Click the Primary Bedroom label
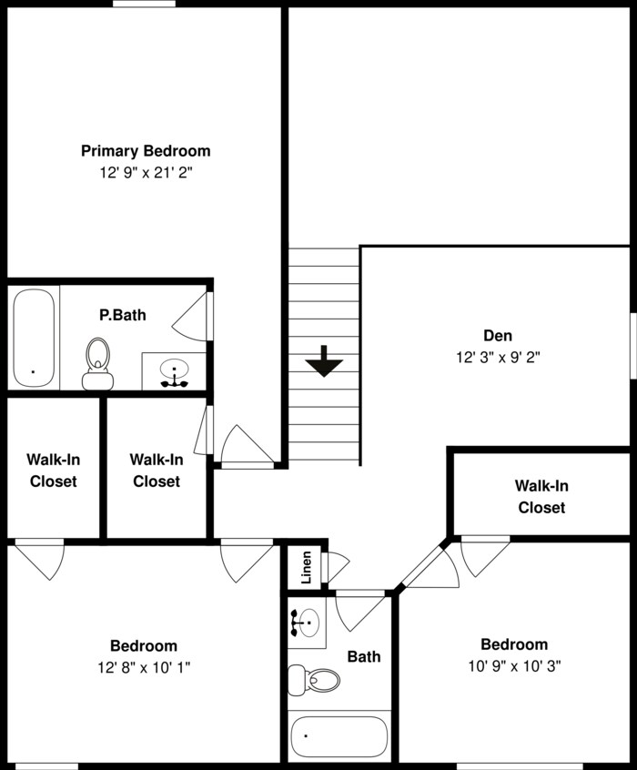coord(146,151)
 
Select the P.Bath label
coord(123,315)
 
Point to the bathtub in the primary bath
coord(34,338)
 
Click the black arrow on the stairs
coord(324,363)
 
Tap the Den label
coord(497,334)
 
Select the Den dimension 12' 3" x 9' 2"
coord(498,358)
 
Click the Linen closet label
coord(307,565)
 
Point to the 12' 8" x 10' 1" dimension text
coord(144,666)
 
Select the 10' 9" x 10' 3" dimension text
coord(514,665)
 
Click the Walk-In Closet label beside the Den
coord(541,497)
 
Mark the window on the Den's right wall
coord(632,345)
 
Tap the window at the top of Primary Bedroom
coord(145,4)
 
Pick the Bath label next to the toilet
coord(364,656)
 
